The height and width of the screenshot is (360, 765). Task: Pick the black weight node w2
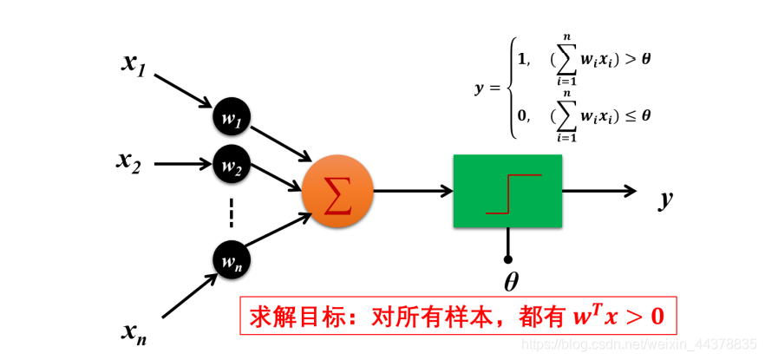(x=232, y=166)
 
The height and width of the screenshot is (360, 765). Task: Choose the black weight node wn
(x=232, y=259)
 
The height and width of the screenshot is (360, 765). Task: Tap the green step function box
(x=507, y=191)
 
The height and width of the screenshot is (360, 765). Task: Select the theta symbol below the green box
(x=510, y=282)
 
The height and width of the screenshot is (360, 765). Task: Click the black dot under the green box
(x=508, y=258)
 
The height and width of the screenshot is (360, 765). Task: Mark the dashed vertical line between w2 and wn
(x=232, y=211)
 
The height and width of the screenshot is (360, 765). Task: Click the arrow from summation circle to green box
(x=412, y=191)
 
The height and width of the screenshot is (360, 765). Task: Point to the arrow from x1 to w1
(x=183, y=92)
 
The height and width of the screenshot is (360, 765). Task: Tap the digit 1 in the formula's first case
(x=521, y=59)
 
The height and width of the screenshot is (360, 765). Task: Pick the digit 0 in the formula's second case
(x=521, y=114)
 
